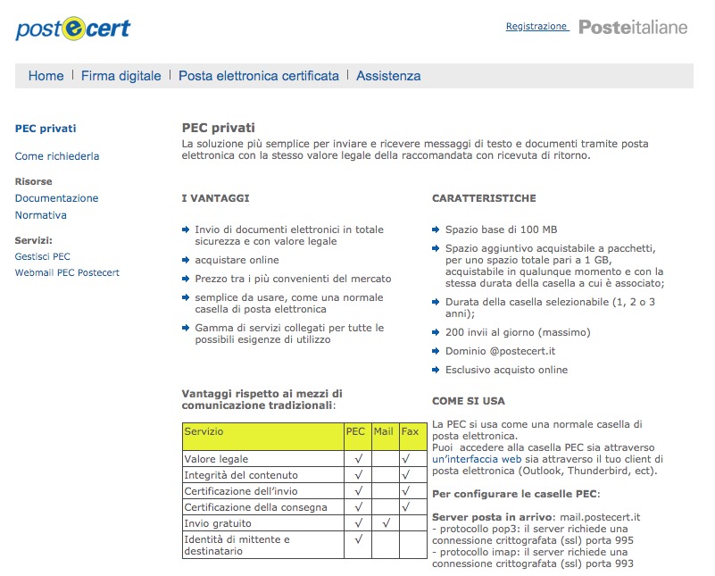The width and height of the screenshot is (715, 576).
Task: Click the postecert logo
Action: pyautogui.click(x=72, y=28)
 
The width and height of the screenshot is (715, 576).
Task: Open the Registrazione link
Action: pyautogui.click(x=536, y=27)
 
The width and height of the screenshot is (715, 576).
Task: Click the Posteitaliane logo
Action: pyautogui.click(x=633, y=27)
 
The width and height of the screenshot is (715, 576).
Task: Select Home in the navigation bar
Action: pyautogui.click(x=46, y=76)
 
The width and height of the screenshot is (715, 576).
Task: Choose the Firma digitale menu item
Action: pyautogui.click(x=121, y=76)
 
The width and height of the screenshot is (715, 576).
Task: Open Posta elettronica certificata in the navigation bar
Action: pyautogui.click(x=259, y=76)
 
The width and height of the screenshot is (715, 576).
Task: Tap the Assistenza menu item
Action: pyautogui.click(x=388, y=76)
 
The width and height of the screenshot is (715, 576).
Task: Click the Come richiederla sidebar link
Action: pyautogui.click(x=57, y=156)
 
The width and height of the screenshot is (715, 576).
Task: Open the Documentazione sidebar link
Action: pyautogui.click(x=56, y=198)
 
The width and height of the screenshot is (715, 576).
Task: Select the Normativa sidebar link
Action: pyautogui.click(x=41, y=215)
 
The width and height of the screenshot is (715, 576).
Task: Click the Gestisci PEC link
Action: pyautogui.click(x=43, y=256)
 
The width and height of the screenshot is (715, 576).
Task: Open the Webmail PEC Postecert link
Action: pyautogui.click(x=67, y=272)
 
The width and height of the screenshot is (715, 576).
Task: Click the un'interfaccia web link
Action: pyautogui.click(x=477, y=459)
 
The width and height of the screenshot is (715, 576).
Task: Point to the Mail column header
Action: pyautogui.click(x=383, y=431)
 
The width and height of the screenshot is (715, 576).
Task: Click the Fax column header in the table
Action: pyautogui.click(x=410, y=431)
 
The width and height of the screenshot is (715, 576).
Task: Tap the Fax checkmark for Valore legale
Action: pyautogui.click(x=406, y=459)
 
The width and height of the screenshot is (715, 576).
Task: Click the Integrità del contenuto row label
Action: pyautogui.click(x=241, y=475)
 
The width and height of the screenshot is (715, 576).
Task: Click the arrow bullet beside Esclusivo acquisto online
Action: pyautogui.click(x=436, y=370)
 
